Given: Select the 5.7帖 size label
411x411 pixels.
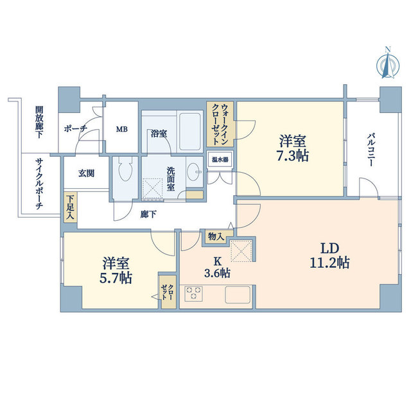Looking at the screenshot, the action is [x=117, y=278].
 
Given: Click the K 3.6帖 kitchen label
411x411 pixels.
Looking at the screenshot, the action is [x=217, y=268].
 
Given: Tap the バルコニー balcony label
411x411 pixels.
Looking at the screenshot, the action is [x=372, y=150].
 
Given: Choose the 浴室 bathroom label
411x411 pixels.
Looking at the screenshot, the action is [x=159, y=134].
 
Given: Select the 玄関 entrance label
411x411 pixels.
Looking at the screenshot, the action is [x=87, y=173].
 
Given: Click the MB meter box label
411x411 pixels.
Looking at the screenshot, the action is [x=121, y=128].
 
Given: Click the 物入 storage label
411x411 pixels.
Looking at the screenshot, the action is [x=215, y=236].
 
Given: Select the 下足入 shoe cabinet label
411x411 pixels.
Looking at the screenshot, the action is [x=69, y=207].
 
